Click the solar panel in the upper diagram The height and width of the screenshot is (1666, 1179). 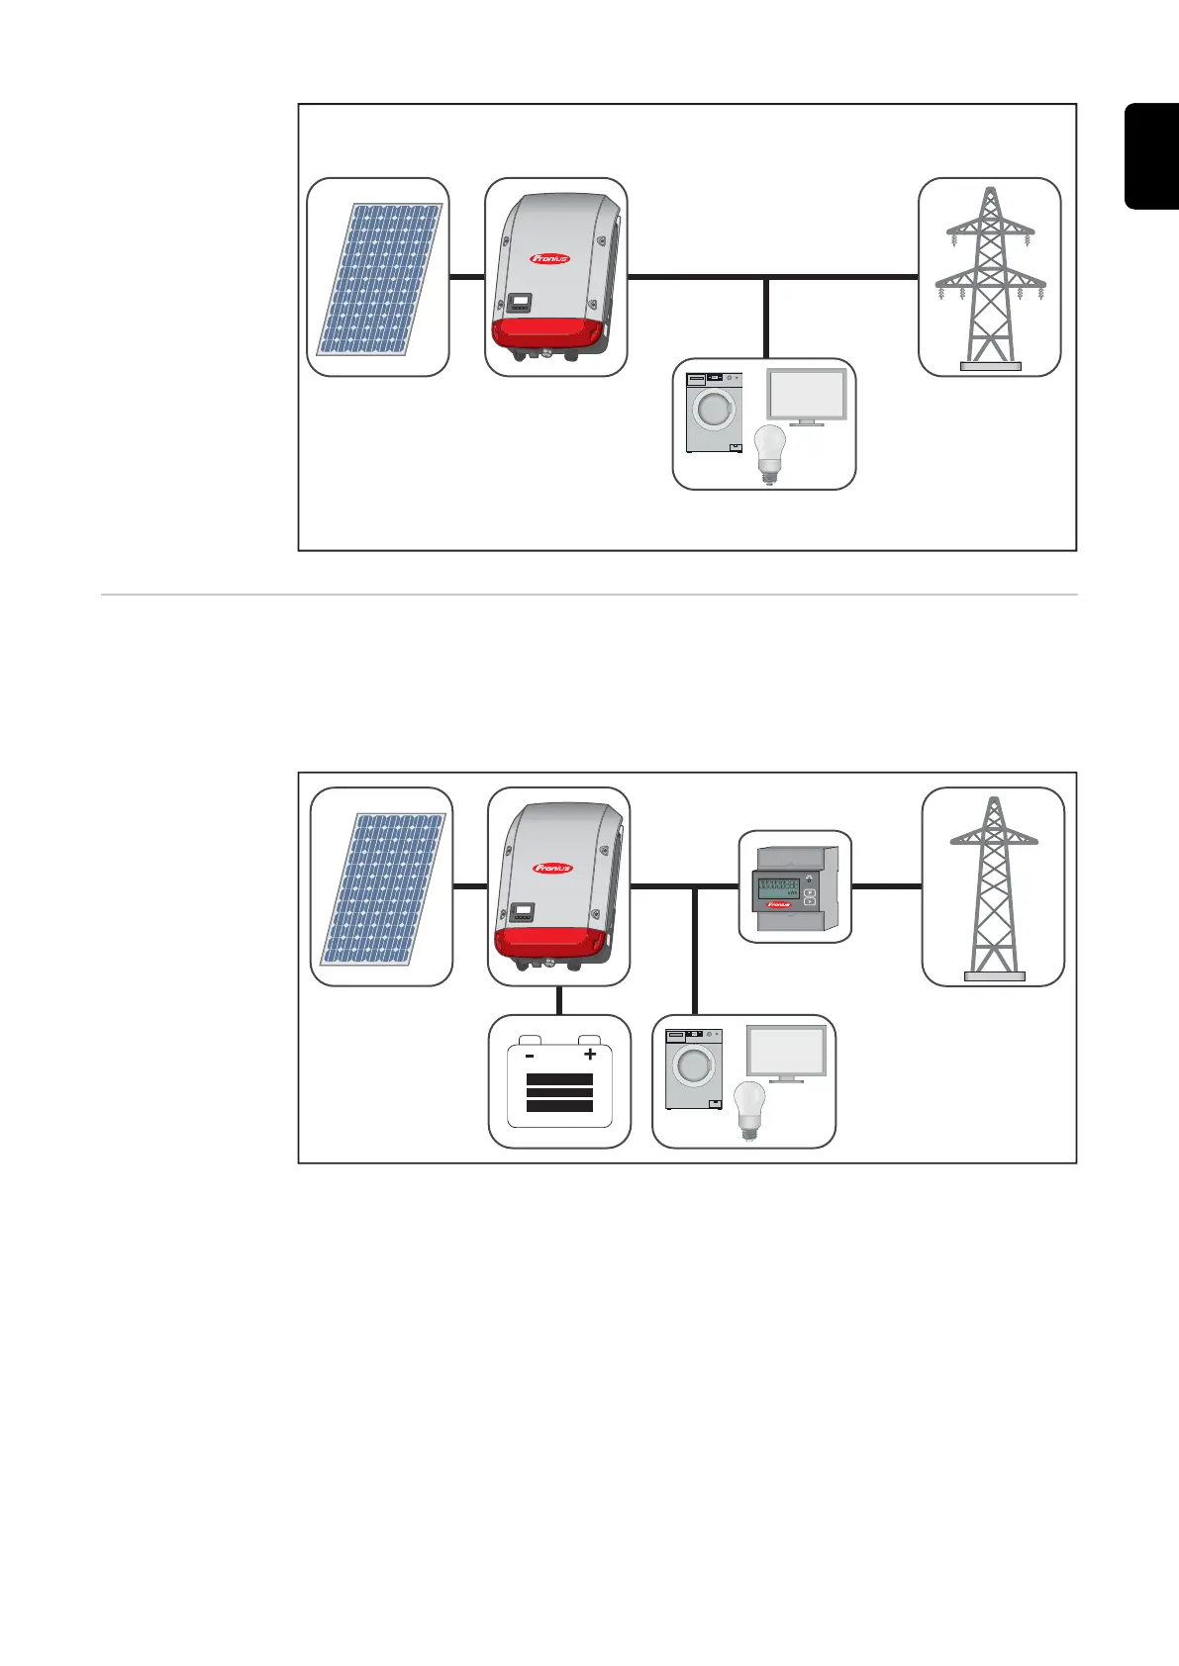pyautogui.click(x=379, y=279)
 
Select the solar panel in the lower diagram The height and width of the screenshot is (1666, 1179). pyautogui.click(x=382, y=888)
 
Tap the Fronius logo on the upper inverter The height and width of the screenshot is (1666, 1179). pyautogui.click(x=549, y=259)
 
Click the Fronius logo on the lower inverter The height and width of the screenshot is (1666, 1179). pyautogui.click(x=552, y=869)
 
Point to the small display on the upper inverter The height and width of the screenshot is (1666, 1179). pyautogui.click(x=520, y=301)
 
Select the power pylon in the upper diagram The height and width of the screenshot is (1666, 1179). pyautogui.click(x=990, y=277)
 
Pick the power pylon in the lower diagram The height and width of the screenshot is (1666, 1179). pyautogui.click(x=994, y=886)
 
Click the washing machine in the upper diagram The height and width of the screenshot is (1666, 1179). pyautogui.click(x=715, y=413)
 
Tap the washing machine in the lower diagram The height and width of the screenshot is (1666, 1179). pyautogui.click(x=694, y=1068)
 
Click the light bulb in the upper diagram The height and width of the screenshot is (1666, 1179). pyautogui.click(x=770, y=453)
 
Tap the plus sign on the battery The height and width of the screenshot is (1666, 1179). pyautogui.click(x=590, y=1055)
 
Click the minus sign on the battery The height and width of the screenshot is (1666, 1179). pyautogui.click(x=531, y=1056)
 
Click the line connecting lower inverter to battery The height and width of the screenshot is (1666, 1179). pyautogui.click(x=559, y=1000)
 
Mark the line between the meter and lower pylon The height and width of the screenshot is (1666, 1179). pyautogui.click(x=887, y=886)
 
